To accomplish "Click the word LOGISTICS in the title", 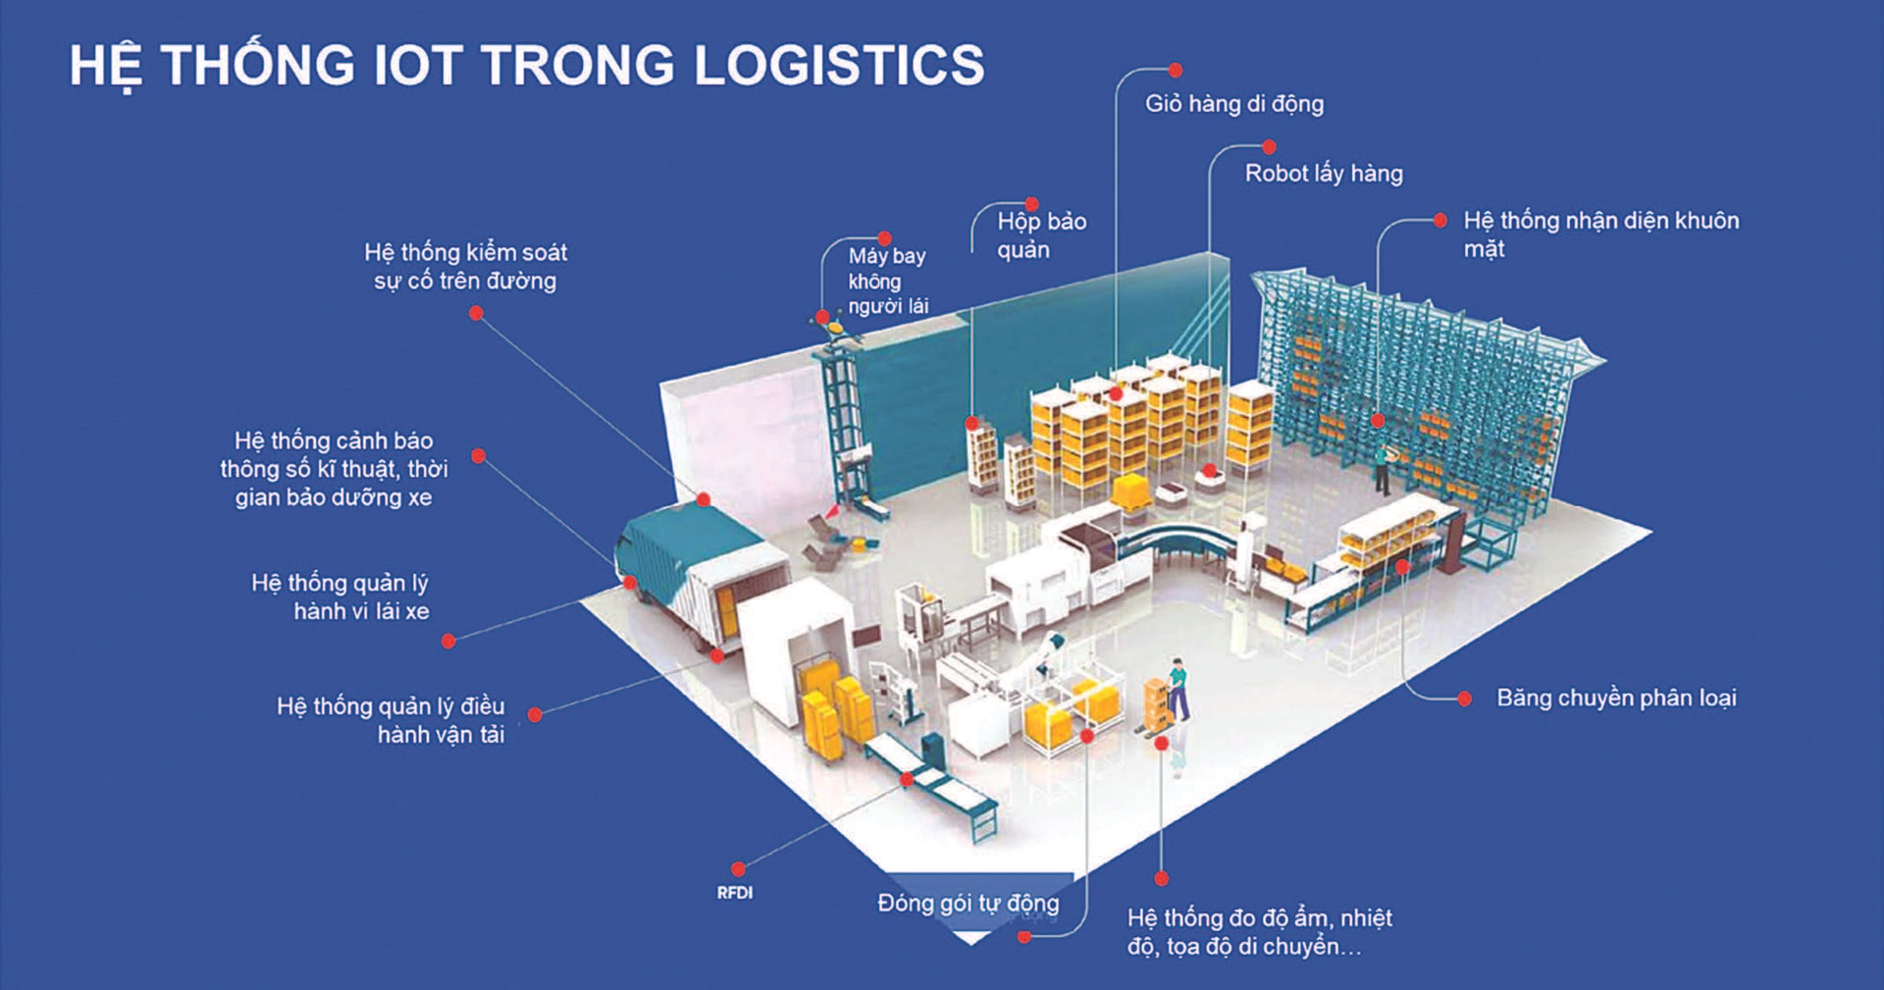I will pos(839,65).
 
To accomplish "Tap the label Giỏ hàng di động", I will pos(1233,103).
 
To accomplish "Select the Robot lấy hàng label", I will pos(1323,174).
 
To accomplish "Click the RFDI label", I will pos(734,893).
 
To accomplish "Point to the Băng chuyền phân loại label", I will pos(1615,698).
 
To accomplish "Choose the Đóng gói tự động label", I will pos(968,903).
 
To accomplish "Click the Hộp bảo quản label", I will pos(1040,235).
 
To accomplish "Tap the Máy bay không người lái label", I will pos(887,281).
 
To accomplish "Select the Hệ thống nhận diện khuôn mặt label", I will pos(1599,234).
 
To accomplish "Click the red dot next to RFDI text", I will pos(738,868).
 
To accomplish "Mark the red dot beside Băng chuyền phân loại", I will pos(1464,699).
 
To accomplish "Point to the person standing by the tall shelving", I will pos(1382,469).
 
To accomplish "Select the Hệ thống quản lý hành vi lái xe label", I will pos(340,597).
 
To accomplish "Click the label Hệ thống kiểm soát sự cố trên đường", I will pos(465,266).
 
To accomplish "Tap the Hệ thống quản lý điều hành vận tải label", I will pos(391,720).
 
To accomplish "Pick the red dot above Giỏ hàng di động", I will pos(1175,71).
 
